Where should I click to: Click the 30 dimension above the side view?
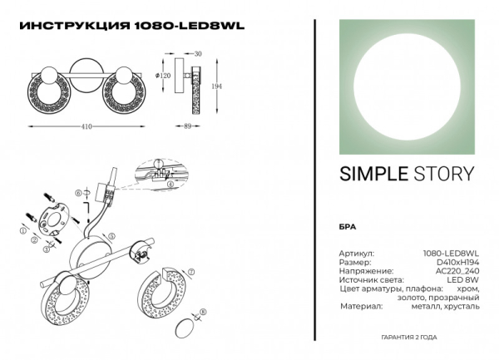(198, 54)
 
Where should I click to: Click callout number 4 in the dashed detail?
(170, 185)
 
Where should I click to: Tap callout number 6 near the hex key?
(77, 192)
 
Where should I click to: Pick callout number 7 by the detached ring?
(190, 272)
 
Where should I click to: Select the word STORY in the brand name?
(444, 174)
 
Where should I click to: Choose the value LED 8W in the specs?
(463, 279)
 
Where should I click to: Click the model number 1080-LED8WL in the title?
(189, 26)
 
